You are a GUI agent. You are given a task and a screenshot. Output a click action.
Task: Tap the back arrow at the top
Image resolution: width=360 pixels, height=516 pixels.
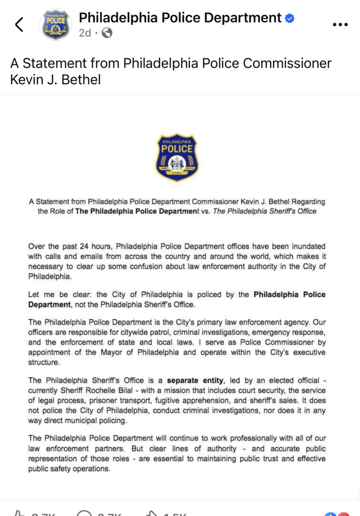tap(19, 24)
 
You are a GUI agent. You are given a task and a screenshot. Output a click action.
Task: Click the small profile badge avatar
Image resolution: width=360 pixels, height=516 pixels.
tap(56, 25)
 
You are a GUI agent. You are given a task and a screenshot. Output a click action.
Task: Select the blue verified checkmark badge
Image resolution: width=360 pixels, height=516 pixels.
tap(289, 19)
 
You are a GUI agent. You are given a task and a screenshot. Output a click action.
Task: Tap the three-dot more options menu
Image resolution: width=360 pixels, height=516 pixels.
tap(341, 24)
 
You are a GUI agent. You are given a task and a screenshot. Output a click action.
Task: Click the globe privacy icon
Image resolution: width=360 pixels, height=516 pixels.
tap(107, 33)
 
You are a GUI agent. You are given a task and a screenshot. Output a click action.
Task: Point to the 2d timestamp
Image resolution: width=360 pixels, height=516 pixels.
tap(85, 33)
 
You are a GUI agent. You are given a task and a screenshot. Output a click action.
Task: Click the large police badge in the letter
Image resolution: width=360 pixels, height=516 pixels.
tap(176, 158)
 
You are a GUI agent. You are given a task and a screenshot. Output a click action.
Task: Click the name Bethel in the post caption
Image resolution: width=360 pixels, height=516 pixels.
tap(80, 80)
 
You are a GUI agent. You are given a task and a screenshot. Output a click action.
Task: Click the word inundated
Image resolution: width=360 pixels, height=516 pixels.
tap(306, 246)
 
